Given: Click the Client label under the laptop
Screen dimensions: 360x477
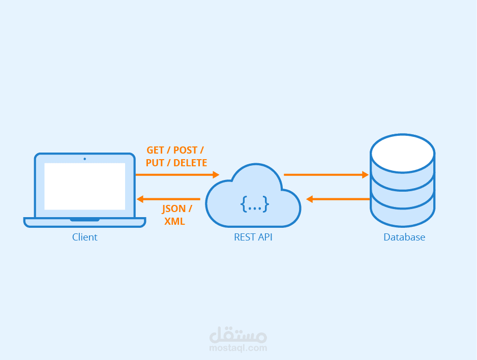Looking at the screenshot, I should click(x=84, y=237).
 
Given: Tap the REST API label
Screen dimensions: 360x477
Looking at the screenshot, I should click(x=253, y=237).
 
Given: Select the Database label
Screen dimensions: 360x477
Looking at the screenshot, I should click(x=404, y=237).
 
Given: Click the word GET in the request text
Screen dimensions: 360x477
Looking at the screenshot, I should click(x=155, y=151).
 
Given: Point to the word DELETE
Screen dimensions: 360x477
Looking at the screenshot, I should click(x=190, y=163).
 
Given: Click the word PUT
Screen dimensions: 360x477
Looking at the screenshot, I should click(x=155, y=163).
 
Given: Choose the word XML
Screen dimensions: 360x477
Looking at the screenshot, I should click(x=174, y=222).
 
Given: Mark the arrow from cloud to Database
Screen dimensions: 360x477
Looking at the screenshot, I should click(x=325, y=175).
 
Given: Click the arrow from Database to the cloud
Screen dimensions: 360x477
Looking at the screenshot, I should click(x=338, y=199).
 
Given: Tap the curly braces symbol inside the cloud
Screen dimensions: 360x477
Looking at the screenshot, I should click(x=254, y=204).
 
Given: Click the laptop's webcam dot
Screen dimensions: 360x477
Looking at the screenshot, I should click(x=84, y=159).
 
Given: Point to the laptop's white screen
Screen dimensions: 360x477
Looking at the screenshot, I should click(x=84, y=186).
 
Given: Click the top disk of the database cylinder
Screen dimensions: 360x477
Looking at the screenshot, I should click(x=402, y=153).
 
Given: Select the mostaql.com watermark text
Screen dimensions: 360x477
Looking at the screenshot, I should click(x=238, y=348).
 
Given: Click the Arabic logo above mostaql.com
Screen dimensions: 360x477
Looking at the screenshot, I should click(x=238, y=335).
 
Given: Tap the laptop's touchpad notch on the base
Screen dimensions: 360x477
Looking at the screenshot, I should click(x=84, y=220).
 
